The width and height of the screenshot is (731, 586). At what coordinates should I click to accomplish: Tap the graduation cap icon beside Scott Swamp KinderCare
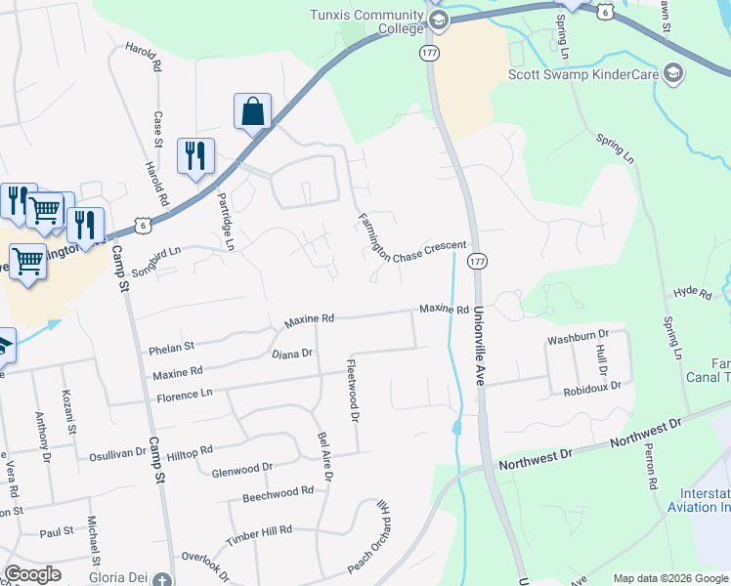coord(672,73)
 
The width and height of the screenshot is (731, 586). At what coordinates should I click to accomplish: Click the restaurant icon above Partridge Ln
coord(194,155)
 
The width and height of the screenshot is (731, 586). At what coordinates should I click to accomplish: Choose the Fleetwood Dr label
coord(354,391)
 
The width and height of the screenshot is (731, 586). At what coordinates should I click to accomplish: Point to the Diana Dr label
coord(291,354)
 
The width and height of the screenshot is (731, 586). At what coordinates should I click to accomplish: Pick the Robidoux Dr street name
coord(591,388)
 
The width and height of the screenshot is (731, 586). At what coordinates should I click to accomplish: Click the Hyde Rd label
coord(693,292)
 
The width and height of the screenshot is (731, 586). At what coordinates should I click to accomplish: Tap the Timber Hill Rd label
coord(259,530)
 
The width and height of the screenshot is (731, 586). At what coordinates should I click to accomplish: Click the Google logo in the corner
coord(32,574)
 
